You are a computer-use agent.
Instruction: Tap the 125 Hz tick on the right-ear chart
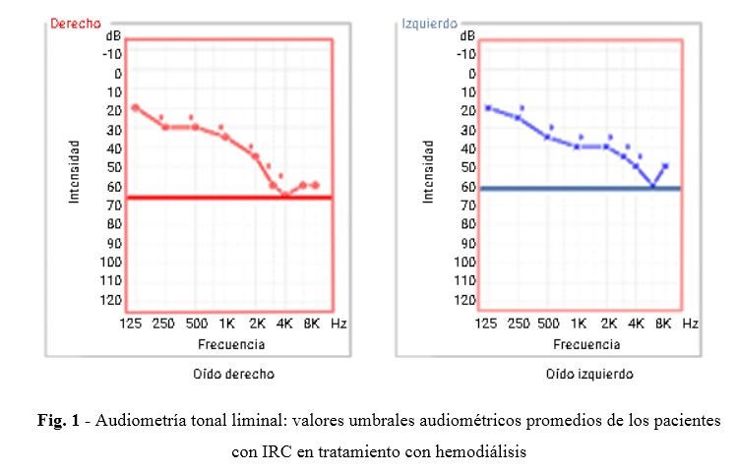coord(132,323)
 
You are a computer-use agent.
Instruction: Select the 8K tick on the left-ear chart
coord(663,323)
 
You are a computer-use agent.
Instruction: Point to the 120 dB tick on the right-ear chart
coord(111,299)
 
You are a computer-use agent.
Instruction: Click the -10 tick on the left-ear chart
coord(466,54)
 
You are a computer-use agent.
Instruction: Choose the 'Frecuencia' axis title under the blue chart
coord(586,344)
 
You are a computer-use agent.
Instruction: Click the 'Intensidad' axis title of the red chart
coord(74,171)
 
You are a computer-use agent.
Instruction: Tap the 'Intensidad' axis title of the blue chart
coord(427,171)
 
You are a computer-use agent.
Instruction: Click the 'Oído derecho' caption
coord(233,375)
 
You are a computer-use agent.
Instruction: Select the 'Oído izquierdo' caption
coord(589,375)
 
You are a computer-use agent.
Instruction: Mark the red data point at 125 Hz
coord(135,107)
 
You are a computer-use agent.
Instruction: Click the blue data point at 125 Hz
coord(488,108)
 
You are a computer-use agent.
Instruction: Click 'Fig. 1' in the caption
coord(52,420)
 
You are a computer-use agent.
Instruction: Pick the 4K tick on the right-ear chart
coord(284,323)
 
